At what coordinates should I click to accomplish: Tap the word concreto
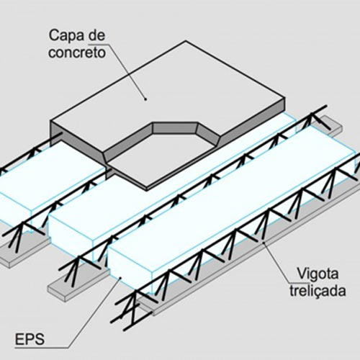77,53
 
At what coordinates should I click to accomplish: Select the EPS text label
30,339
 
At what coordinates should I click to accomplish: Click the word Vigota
318,274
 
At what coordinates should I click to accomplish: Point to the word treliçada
318,291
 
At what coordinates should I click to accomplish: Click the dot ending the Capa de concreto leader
145,99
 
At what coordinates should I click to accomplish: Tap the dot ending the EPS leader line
120,278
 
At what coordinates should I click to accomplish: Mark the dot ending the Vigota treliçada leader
264,243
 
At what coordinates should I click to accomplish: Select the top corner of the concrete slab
186,41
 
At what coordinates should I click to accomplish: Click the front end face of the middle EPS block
70,233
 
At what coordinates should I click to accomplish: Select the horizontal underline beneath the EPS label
42,347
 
